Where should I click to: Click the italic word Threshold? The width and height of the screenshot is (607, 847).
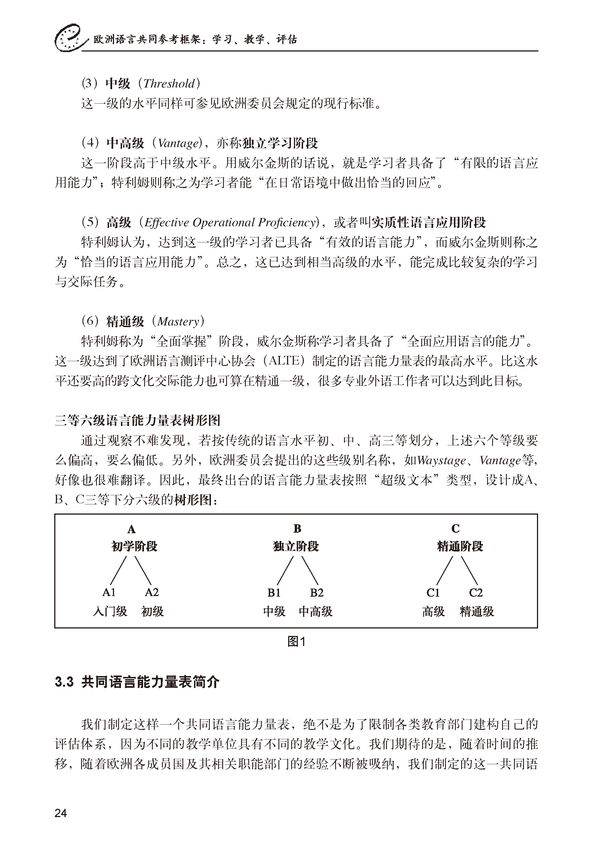tap(169, 84)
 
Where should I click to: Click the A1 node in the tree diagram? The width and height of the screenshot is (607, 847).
tap(109, 592)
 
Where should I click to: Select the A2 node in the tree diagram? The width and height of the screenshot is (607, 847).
tap(152, 592)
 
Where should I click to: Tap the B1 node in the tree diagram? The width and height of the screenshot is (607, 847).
tap(274, 593)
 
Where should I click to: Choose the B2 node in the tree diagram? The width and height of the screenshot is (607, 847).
tap(317, 593)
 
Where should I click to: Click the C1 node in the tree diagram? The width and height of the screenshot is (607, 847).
tap(433, 593)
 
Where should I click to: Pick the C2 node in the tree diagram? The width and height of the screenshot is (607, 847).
tap(476, 593)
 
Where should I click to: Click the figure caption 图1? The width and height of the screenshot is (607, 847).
tap(296, 641)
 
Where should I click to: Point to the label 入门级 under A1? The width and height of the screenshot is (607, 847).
tap(110, 612)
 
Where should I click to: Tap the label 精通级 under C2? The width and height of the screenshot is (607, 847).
tap(477, 612)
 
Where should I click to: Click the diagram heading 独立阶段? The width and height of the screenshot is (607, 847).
tap(296, 546)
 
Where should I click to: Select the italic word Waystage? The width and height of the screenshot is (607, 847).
tap(441, 460)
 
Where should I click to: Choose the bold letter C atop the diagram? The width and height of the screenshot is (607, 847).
tap(455, 528)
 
